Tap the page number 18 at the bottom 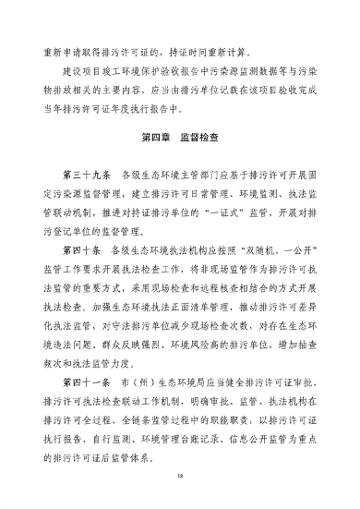(x=180, y=477)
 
